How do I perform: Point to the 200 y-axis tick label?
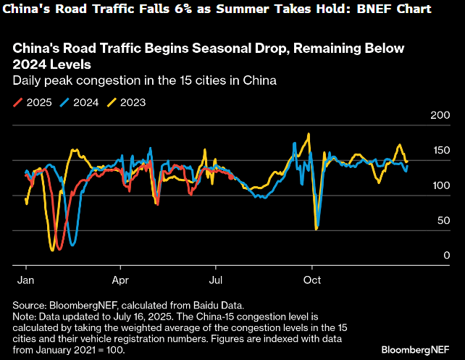[440, 115]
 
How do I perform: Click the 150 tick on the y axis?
[440, 151]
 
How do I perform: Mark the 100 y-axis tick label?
[440, 186]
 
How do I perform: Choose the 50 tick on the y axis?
[443, 221]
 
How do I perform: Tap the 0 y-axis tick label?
[446, 256]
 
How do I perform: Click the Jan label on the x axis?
[24, 278]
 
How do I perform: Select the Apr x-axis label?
[121, 278]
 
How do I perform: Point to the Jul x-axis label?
[216, 278]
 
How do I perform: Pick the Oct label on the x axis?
[312, 278]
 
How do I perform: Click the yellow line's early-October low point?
[317, 230]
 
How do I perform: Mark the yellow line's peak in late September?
[309, 134]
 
